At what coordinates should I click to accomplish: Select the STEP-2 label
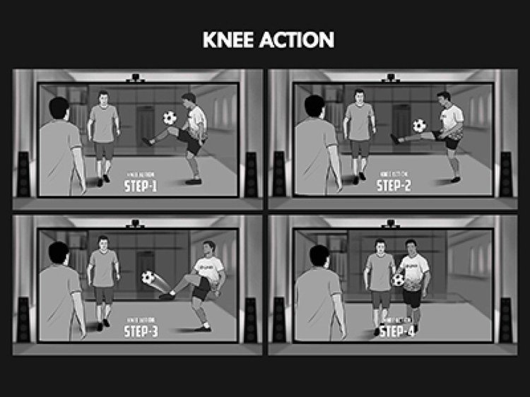click(x=399, y=186)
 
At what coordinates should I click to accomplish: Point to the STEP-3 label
click(x=144, y=332)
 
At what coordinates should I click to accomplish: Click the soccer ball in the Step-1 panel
click(x=170, y=118)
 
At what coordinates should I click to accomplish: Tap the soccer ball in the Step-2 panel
click(x=420, y=126)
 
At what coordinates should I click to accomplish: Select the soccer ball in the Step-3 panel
click(x=148, y=278)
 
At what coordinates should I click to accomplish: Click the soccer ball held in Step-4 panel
click(x=399, y=280)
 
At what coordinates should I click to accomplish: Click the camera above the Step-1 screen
click(x=134, y=78)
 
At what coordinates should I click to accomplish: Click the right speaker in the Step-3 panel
click(x=251, y=319)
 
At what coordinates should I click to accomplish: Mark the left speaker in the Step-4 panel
click(x=278, y=319)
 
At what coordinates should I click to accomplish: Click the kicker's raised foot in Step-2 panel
click(x=396, y=140)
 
